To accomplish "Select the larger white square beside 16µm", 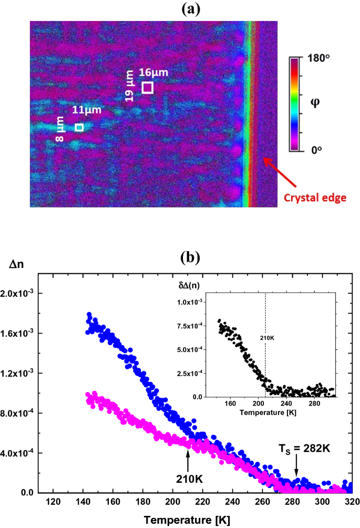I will (x=147, y=87).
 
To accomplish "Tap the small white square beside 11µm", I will (x=79, y=127).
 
